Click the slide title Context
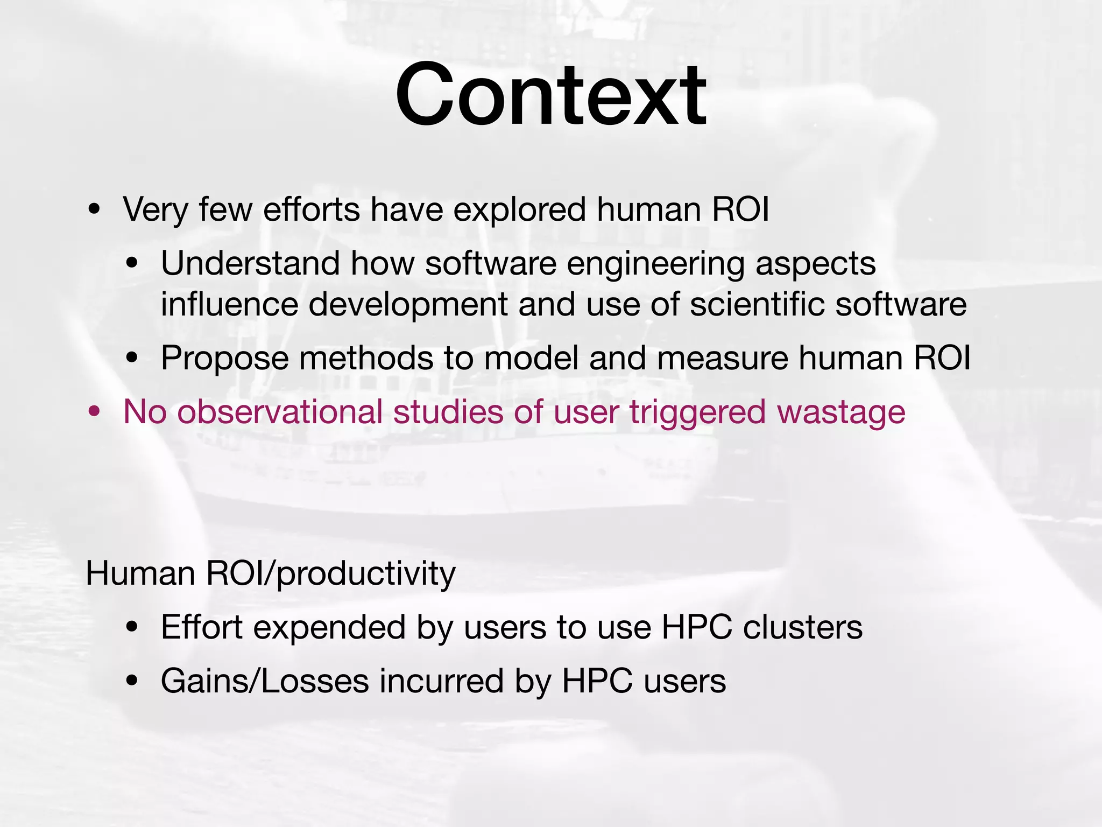pos(550,96)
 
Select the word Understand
pos(250,263)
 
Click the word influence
pos(229,304)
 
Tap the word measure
pos(722,358)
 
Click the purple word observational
pos(280,412)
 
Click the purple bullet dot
pos(95,412)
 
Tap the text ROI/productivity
pos(331,574)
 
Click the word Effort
pos(201,627)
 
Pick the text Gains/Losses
pos(265,681)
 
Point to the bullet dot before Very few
pos(95,210)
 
